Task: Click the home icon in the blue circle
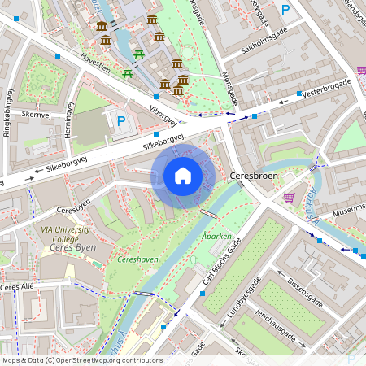[183, 176]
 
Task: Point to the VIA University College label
[71, 235]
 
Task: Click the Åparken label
[216, 237]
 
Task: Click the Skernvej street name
[37, 115]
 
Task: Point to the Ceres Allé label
[20, 287]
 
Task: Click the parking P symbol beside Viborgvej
[121, 122]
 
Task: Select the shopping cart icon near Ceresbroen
[289, 197]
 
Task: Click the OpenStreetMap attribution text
[82, 360]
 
